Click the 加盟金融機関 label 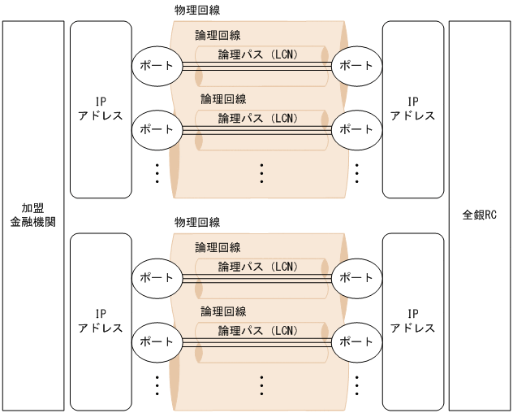pos(33,215)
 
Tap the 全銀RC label pos(480,215)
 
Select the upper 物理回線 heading pos(197,10)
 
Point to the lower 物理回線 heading pos(197,222)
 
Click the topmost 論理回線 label pos(218,36)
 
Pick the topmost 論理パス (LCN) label pos(258,54)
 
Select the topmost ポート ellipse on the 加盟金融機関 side pos(157,65)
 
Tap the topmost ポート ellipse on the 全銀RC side pos(356,65)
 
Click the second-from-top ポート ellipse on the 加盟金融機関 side pos(157,128)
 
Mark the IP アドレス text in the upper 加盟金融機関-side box pos(101,109)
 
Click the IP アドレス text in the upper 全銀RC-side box pos(412,109)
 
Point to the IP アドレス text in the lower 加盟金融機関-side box pos(101,321)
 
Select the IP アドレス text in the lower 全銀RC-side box pos(412,321)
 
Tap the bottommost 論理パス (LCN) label pos(258,330)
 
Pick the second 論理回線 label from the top pos(223,99)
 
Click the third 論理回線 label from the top pos(218,248)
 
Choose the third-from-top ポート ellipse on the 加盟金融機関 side pos(157,277)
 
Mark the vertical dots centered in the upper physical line pos(262,172)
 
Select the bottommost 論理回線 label pos(223,311)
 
